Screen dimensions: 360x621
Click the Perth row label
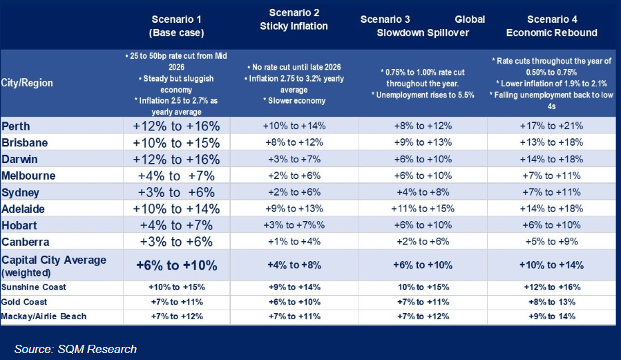[17, 126]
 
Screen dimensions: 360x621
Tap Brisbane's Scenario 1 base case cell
[176, 142]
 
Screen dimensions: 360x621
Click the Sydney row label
[21, 192]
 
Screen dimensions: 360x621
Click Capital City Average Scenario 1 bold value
[176, 265]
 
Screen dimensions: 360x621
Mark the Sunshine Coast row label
[35, 286]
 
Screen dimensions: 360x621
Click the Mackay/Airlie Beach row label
[44, 316]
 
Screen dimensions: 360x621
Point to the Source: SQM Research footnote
[76, 349]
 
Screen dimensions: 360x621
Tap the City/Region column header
[28, 83]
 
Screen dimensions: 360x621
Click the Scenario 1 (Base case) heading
[176, 26]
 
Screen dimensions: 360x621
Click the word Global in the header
[470, 19]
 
